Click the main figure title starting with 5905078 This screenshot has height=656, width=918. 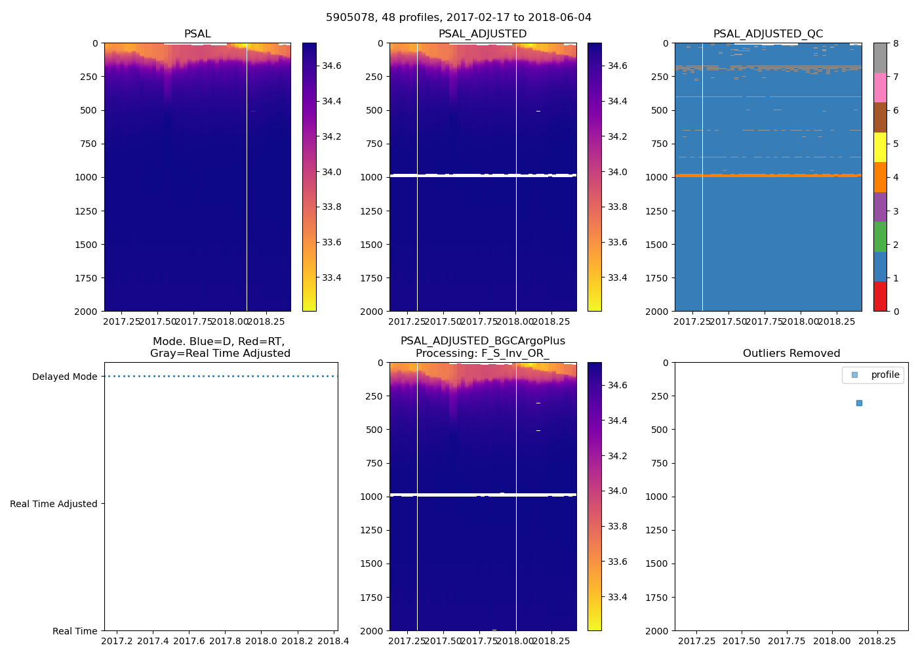click(458, 18)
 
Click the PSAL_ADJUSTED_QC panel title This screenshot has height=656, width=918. click(768, 34)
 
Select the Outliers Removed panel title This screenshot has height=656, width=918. click(791, 354)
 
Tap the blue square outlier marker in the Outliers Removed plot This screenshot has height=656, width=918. click(859, 403)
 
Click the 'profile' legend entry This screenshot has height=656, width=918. click(885, 375)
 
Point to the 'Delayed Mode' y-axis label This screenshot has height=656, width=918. click(64, 377)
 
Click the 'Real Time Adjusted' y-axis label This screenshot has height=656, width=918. click(53, 504)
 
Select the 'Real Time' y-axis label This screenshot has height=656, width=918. click(75, 631)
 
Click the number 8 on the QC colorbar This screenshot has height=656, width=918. click(896, 43)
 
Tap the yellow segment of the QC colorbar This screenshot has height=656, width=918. click(880, 147)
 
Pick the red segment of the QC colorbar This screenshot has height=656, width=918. click(880, 296)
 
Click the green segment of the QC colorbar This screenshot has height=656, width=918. click(880, 236)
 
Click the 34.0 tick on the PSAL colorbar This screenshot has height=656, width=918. click(331, 172)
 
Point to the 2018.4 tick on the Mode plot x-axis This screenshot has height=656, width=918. click(333, 641)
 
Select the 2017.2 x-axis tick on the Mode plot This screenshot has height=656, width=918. click(117, 641)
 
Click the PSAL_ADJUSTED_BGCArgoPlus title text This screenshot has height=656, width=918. click(483, 341)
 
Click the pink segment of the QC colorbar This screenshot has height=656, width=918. click(880, 87)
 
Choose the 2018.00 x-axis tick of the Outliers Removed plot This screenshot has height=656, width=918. click(832, 641)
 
